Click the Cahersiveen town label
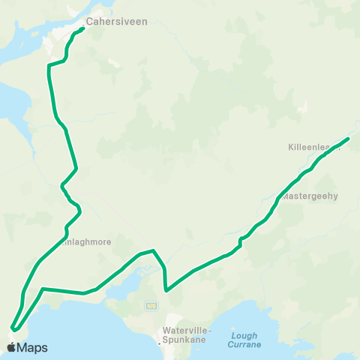116,22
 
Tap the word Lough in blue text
244,335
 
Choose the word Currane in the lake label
244,345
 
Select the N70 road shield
151,306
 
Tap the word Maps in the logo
33,347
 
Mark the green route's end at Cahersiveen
82,29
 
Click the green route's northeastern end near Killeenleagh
349,138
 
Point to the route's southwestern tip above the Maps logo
13,328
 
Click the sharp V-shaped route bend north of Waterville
165,289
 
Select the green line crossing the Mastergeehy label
281,197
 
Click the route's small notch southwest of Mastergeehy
240,241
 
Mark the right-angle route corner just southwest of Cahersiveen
49,66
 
